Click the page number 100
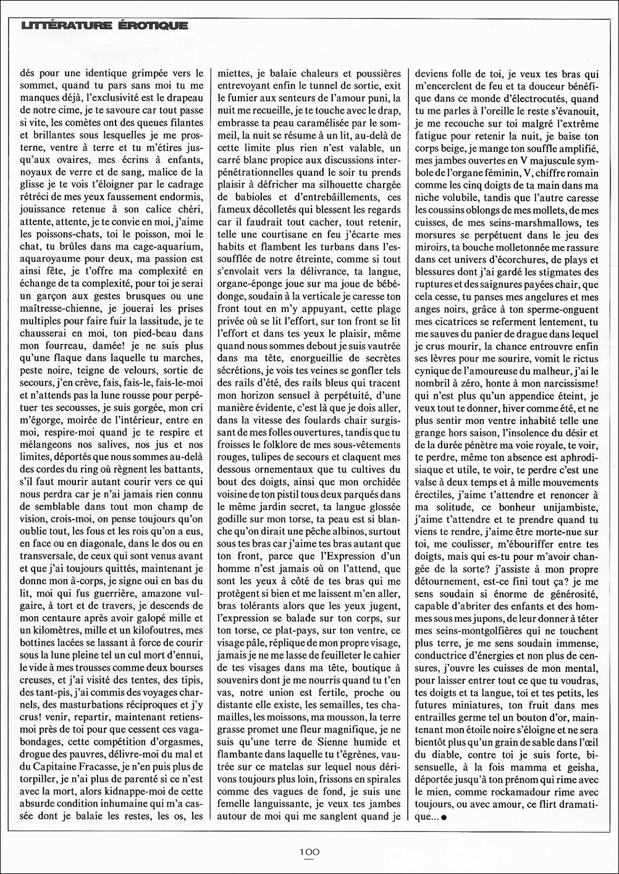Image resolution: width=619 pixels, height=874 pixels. pyautogui.click(x=309, y=851)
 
